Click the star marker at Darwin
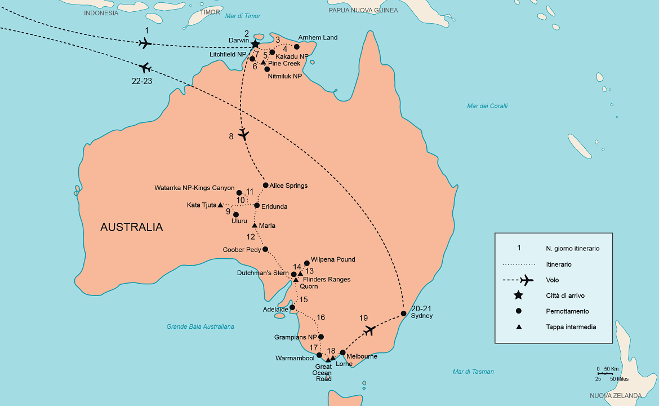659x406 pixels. (255, 44)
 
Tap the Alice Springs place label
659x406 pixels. (288, 186)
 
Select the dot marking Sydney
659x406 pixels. (404, 314)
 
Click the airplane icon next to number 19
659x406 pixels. (369, 330)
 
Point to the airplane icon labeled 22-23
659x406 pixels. (145, 68)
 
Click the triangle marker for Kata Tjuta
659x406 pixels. (220, 205)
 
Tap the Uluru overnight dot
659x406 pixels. (236, 214)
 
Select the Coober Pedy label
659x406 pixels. (241, 249)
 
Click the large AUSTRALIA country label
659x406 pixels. (131, 227)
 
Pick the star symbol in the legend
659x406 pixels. (518, 295)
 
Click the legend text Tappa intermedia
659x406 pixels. (571, 326)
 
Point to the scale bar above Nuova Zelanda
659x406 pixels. (605, 373)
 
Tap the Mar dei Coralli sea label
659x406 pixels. (487, 106)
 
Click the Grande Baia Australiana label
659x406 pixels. (200, 326)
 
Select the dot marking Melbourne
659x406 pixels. (342, 352)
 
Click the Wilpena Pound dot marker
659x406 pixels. (307, 263)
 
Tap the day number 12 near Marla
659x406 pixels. (251, 237)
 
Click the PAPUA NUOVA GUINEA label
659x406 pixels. (363, 10)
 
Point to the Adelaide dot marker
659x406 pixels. (292, 308)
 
